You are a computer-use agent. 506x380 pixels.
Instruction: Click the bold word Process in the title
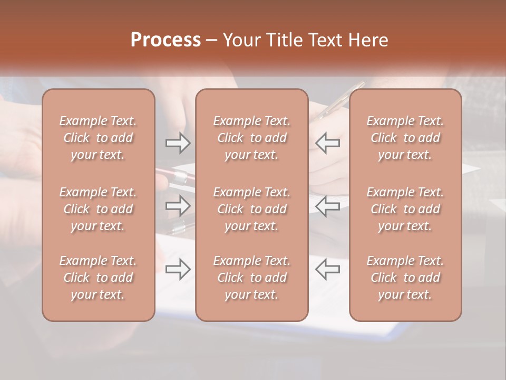166,40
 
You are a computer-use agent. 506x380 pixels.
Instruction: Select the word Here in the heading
367,40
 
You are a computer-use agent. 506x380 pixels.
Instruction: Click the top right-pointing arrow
178,143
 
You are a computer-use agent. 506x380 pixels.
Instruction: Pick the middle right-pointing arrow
178,206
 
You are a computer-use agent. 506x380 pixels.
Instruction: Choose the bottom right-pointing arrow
178,269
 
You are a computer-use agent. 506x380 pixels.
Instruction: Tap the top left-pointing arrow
328,143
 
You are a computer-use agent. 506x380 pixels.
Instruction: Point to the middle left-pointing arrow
328,206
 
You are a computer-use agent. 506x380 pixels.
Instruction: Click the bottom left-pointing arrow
328,269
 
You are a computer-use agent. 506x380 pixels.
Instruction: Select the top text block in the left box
98,138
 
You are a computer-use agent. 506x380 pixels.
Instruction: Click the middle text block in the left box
98,209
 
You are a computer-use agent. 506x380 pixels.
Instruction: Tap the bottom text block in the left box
98,278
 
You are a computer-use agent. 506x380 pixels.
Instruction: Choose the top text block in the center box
252,138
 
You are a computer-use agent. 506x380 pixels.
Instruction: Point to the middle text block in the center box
252,209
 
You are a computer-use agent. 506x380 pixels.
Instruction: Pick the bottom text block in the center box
252,278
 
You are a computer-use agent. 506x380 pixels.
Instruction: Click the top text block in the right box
405,138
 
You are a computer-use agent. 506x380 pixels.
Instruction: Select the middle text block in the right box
405,209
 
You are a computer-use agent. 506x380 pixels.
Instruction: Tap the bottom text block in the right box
405,278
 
